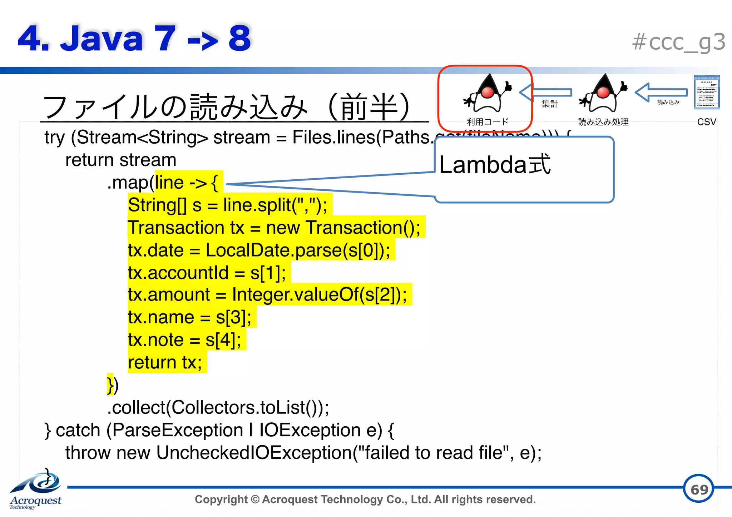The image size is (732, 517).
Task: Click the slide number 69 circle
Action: coord(699,489)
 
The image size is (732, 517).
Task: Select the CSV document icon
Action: coord(707,92)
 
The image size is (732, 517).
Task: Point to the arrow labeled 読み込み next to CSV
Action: coord(661,93)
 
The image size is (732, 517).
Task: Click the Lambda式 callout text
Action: coord(495,165)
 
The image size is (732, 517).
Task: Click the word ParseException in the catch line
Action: coord(178,430)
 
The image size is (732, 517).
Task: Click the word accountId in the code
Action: coord(188,273)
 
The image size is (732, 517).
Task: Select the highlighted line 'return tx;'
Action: coord(165,362)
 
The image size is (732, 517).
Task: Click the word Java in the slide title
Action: coord(102,39)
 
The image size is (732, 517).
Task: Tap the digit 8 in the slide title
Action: coord(239,39)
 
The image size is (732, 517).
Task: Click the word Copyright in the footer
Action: coord(221,499)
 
